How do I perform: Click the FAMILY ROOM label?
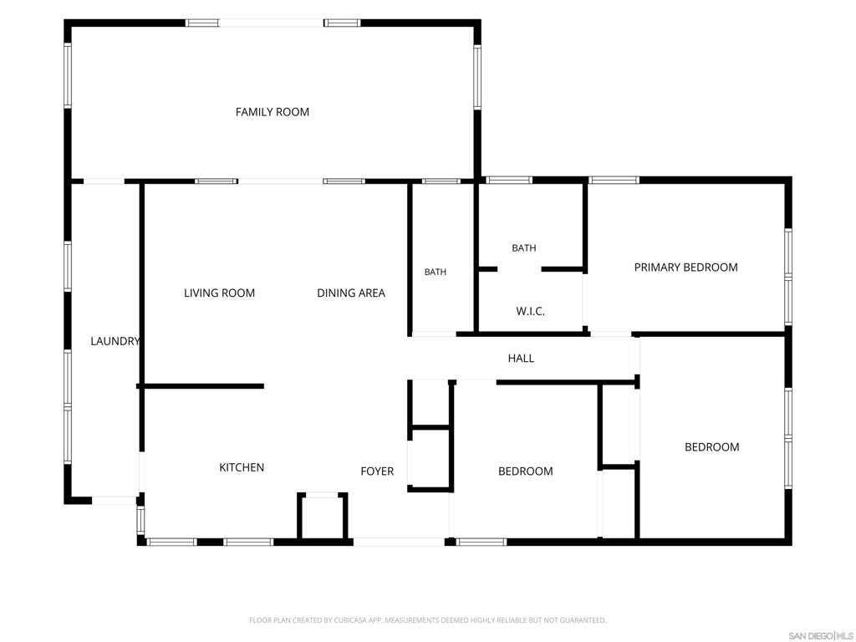point(273,112)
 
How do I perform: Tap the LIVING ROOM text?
point(220,293)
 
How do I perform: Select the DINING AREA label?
point(351,293)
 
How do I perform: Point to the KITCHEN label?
point(242,467)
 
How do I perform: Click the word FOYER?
point(377,471)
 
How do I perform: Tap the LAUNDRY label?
point(115,341)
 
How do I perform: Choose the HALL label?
point(522,358)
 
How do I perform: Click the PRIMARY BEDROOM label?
point(686,267)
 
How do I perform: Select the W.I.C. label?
point(531,311)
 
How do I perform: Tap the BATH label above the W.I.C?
point(524,247)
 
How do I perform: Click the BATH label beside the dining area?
point(436,272)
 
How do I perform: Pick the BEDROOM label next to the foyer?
point(526,471)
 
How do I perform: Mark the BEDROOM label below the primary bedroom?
point(712,447)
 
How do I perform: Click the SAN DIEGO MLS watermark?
point(820,636)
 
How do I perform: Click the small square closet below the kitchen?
point(323,517)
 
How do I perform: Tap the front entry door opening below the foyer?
point(399,542)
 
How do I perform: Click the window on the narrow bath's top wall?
point(441,181)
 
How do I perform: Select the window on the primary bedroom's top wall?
point(614,181)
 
